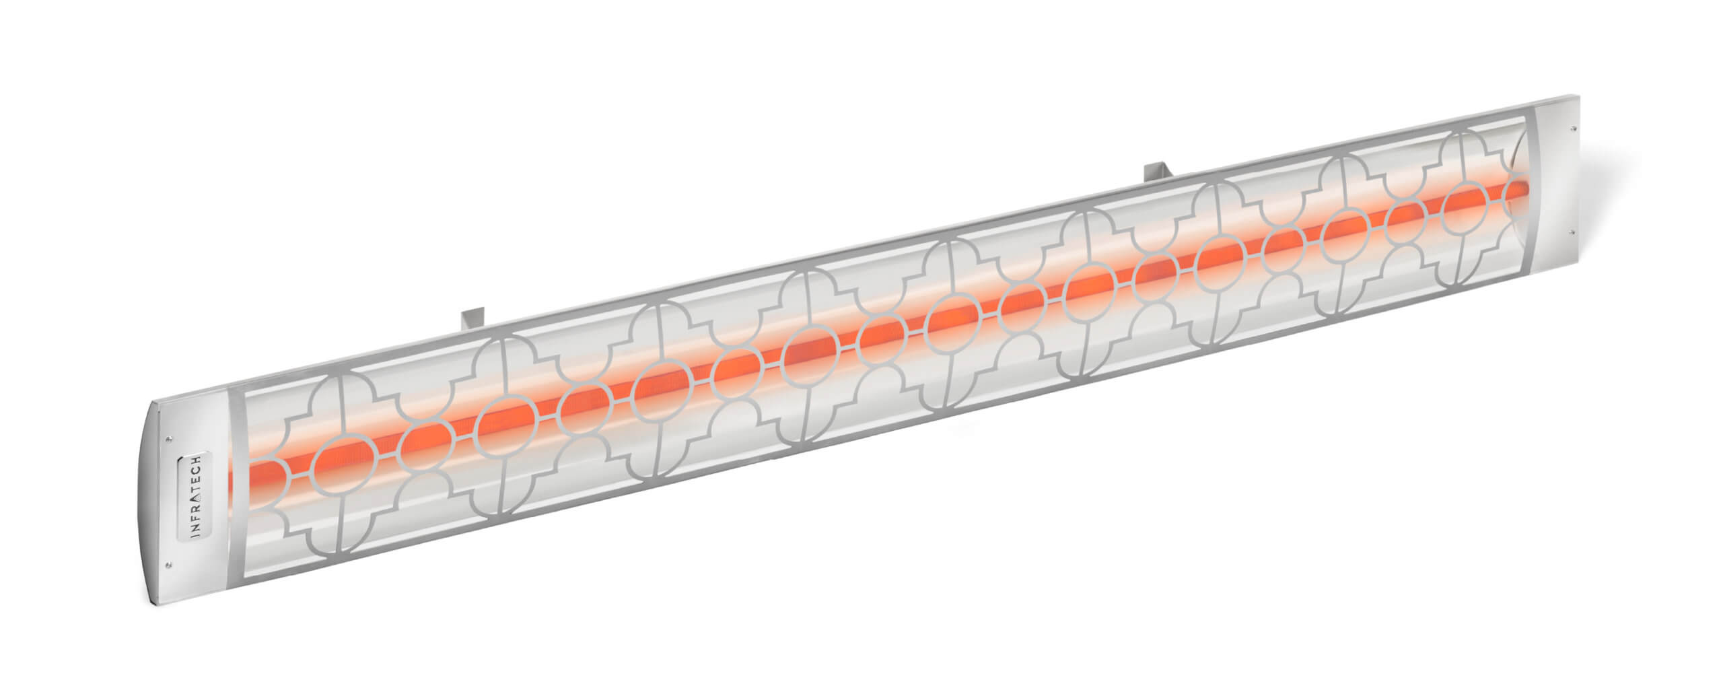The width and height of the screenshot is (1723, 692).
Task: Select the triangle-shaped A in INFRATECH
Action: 194,498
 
